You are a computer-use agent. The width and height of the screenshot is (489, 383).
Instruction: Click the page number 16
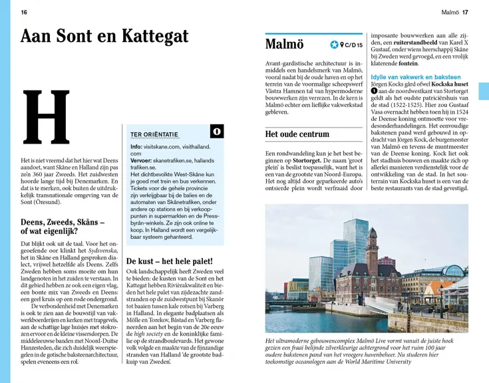tap(24, 12)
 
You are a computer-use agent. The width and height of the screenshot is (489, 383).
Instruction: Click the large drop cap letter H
tap(46, 118)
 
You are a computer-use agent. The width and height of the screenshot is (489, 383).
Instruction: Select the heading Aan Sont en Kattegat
tap(104, 36)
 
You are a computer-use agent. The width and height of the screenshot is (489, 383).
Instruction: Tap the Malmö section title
tap(284, 45)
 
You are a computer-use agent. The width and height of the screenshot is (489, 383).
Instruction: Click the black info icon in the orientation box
tap(216, 131)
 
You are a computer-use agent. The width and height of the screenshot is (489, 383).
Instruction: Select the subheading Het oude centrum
tap(297, 134)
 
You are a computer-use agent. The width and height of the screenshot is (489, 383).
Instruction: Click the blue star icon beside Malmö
tap(334, 45)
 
